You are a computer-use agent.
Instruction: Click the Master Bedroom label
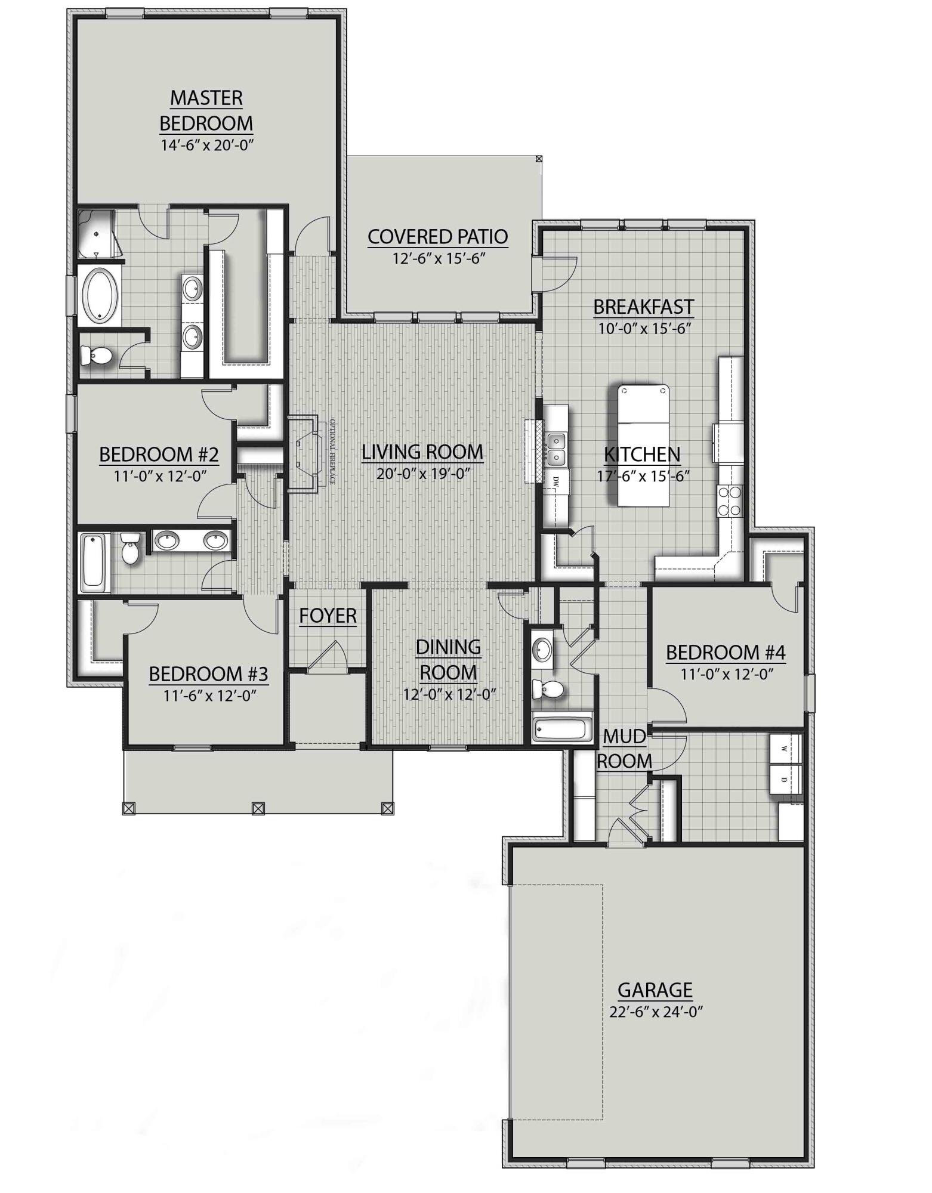click(206, 110)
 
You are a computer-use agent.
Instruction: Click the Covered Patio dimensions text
click(437, 258)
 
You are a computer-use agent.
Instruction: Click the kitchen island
click(642, 446)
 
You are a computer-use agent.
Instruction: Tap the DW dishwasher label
click(556, 481)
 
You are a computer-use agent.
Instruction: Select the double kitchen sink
click(557, 449)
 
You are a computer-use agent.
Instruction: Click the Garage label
click(655, 990)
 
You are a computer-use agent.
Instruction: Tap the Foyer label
click(328, 615)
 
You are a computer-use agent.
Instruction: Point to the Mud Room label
click(624, 749)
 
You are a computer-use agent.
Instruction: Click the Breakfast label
click(643, 307)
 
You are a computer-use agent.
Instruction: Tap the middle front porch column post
click(258, 808)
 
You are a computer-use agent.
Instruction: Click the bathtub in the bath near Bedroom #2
click(94, 560)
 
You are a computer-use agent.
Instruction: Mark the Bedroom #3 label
click(208, 674)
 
